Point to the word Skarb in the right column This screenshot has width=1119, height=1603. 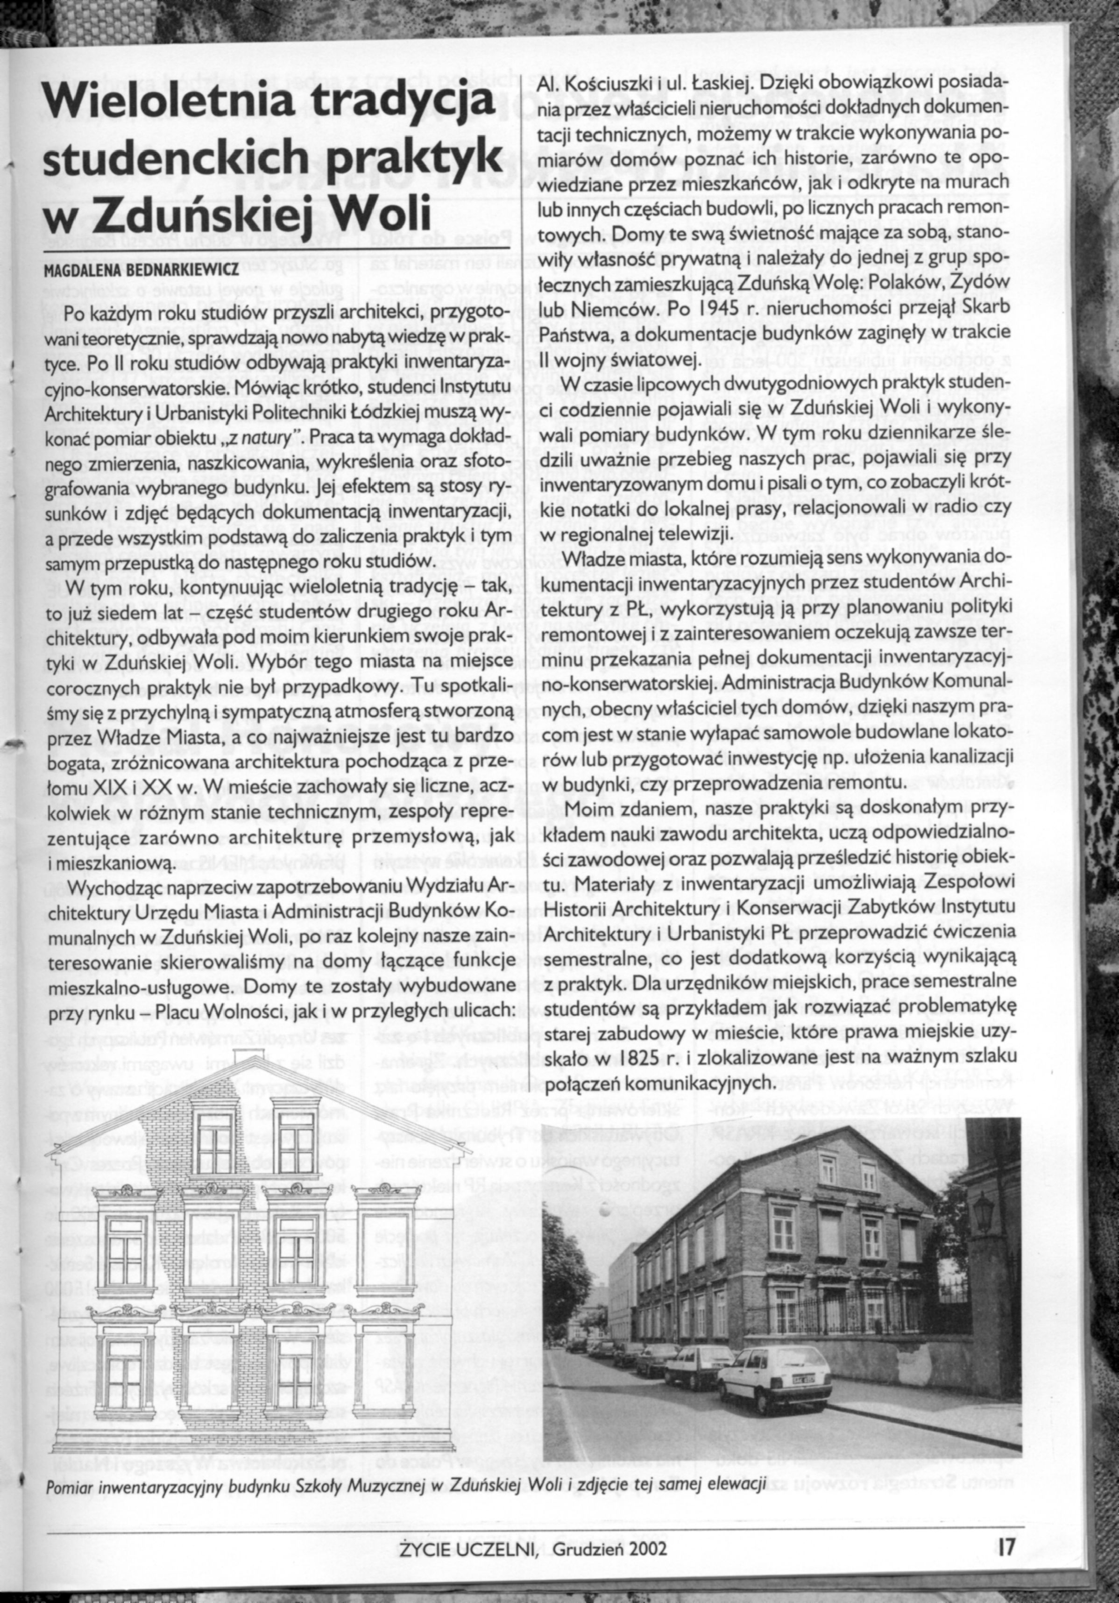[x=989, y=311]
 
